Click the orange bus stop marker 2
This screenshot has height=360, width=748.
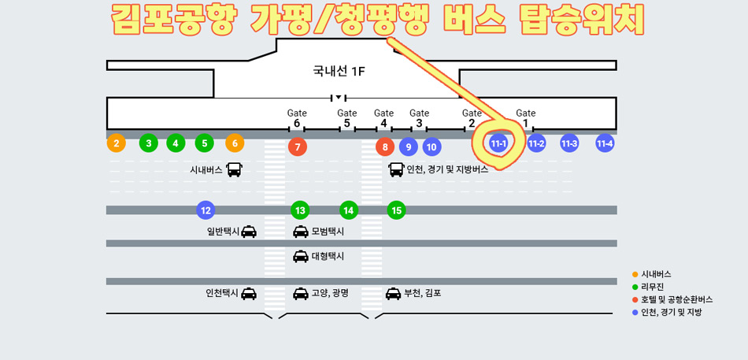117,143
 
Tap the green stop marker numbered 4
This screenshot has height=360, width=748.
176,143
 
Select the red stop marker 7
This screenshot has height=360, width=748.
297,147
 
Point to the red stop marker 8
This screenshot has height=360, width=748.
384,147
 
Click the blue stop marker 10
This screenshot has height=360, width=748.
431,146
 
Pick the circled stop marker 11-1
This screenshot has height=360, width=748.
498,143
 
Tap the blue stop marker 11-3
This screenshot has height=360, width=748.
569,143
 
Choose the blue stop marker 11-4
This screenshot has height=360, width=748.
605,143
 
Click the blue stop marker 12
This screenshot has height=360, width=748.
206,210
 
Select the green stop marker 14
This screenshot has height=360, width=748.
349,210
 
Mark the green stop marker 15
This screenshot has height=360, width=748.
397,210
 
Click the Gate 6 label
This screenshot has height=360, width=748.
297,118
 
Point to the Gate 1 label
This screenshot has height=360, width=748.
525,118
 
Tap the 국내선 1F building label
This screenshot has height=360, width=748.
339,72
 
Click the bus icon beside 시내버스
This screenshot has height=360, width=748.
234,169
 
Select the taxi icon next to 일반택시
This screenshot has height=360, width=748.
249,232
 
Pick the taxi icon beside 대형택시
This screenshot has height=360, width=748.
301,256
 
